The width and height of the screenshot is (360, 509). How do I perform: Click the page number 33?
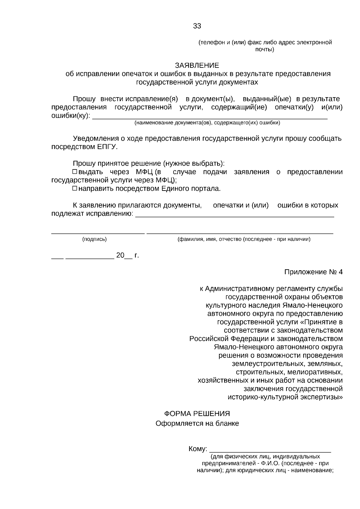(x=197, y=26)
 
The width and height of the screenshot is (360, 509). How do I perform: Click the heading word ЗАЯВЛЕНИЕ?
(x=197, y=65)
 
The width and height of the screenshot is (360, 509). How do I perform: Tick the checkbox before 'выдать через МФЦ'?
(x=75, y=172)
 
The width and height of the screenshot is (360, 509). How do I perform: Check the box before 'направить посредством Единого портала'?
(x=75, y=189)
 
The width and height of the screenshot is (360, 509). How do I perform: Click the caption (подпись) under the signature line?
(x=94, y=239)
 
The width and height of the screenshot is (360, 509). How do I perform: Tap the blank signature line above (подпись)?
(x=98, y=233)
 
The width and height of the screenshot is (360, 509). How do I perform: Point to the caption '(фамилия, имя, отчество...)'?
(x=244, y=239)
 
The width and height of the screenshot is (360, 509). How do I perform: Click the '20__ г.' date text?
(x=127, y=256)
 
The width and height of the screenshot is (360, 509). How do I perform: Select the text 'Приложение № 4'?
(x=313, y=272)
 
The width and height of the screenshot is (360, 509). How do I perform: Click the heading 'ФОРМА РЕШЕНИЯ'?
(x=197, y=414)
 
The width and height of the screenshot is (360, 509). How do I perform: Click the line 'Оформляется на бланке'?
(x=197, y=424)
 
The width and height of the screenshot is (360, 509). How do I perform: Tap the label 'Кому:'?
(x=198, y=449)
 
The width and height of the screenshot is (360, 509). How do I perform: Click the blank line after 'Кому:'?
(x=270, y=451)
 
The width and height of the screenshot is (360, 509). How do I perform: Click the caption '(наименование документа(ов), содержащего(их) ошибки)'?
(x=207, y=123)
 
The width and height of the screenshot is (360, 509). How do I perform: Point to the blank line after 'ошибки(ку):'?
(x=210, y=118)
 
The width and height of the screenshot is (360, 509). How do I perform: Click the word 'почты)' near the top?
(x=265, y=49)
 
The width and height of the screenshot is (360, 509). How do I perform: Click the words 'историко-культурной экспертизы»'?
(x=285, y=397)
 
